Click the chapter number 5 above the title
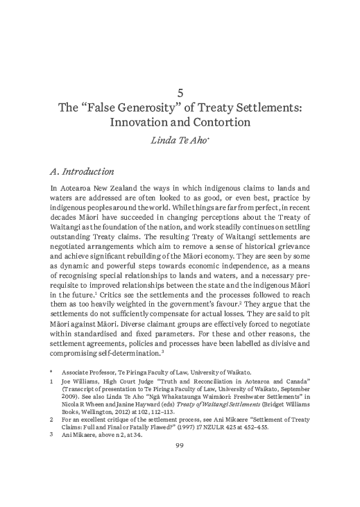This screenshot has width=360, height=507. (x=180, y=92)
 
